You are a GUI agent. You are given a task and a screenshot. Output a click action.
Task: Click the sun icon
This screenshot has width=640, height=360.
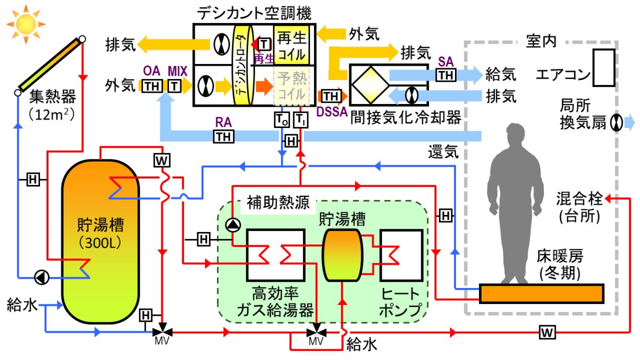point(26,25)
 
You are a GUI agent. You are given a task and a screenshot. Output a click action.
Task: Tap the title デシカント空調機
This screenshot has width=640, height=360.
point(254,13)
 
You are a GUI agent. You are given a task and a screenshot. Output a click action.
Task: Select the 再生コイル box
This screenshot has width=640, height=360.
point(291,45)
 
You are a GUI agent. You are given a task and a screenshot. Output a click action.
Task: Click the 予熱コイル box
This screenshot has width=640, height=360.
point(291,86)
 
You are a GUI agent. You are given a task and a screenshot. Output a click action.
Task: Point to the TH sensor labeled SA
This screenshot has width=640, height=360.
point(446,75)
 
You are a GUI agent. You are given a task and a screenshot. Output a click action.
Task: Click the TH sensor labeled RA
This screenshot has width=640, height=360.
point(224,137)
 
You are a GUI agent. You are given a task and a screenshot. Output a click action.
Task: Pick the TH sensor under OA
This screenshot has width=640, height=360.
point(152,86)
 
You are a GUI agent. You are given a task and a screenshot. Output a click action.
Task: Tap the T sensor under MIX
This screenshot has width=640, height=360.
point(174,86)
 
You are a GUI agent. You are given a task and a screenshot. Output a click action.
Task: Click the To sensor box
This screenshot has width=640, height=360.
point(282,119)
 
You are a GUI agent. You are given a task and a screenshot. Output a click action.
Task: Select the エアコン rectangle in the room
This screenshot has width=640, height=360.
point(604,68)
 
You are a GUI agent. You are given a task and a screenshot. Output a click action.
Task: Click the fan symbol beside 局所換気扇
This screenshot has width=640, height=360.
point(617,123)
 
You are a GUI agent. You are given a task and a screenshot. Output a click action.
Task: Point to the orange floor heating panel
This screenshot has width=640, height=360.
point(541,293)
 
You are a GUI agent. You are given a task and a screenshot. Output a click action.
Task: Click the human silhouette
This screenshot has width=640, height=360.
point(515,203)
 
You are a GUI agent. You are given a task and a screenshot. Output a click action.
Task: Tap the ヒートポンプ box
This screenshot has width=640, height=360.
point(402,255)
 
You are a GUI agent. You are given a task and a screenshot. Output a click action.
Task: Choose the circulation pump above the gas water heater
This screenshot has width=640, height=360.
point(233,225)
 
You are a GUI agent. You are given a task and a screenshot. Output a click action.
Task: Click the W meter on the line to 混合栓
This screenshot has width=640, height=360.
point(547,332)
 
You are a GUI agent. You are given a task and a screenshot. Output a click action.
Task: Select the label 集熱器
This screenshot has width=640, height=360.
point(53,97)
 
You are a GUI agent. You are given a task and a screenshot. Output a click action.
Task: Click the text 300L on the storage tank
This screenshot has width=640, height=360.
point(100,243)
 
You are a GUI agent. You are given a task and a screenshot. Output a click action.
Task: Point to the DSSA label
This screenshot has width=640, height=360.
point(332,111)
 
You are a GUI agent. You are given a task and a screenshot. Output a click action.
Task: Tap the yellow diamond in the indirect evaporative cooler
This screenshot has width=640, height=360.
point(371,85)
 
